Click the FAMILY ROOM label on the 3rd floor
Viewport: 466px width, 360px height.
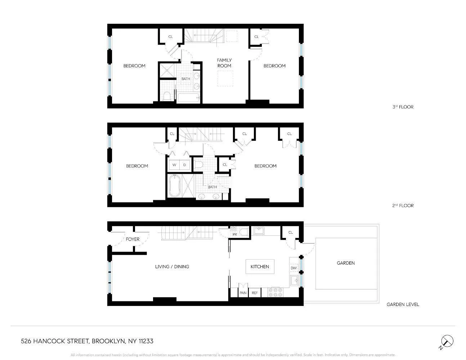pos(224,63)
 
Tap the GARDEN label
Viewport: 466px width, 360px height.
pos(345,263)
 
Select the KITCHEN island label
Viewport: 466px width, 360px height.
pos(260,267)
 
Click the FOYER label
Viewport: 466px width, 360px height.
pos(133,239)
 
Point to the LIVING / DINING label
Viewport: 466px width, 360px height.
pos(172,267)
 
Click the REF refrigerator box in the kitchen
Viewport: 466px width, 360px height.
pos(255,293)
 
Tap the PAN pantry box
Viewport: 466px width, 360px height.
pos(243,293)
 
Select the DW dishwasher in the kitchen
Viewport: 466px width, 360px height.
pos(294,268)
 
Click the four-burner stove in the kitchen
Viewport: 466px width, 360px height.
pos(275,292)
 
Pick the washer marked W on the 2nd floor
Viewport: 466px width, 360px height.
pos(174,165)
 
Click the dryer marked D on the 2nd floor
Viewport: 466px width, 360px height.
pos(185,165)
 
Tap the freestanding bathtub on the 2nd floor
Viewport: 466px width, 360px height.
pos(174,186)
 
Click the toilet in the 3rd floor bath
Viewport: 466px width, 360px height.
pos(167,96)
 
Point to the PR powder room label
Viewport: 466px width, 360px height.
pos(235,234)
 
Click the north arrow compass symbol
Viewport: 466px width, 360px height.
pos(447,341)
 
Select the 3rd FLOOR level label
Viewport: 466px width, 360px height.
pos(403,107)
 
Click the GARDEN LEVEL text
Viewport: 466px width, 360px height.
pos(403,305)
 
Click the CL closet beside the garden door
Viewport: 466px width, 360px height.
pos(291,233)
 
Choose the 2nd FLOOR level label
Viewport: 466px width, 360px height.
pos(403,206)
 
